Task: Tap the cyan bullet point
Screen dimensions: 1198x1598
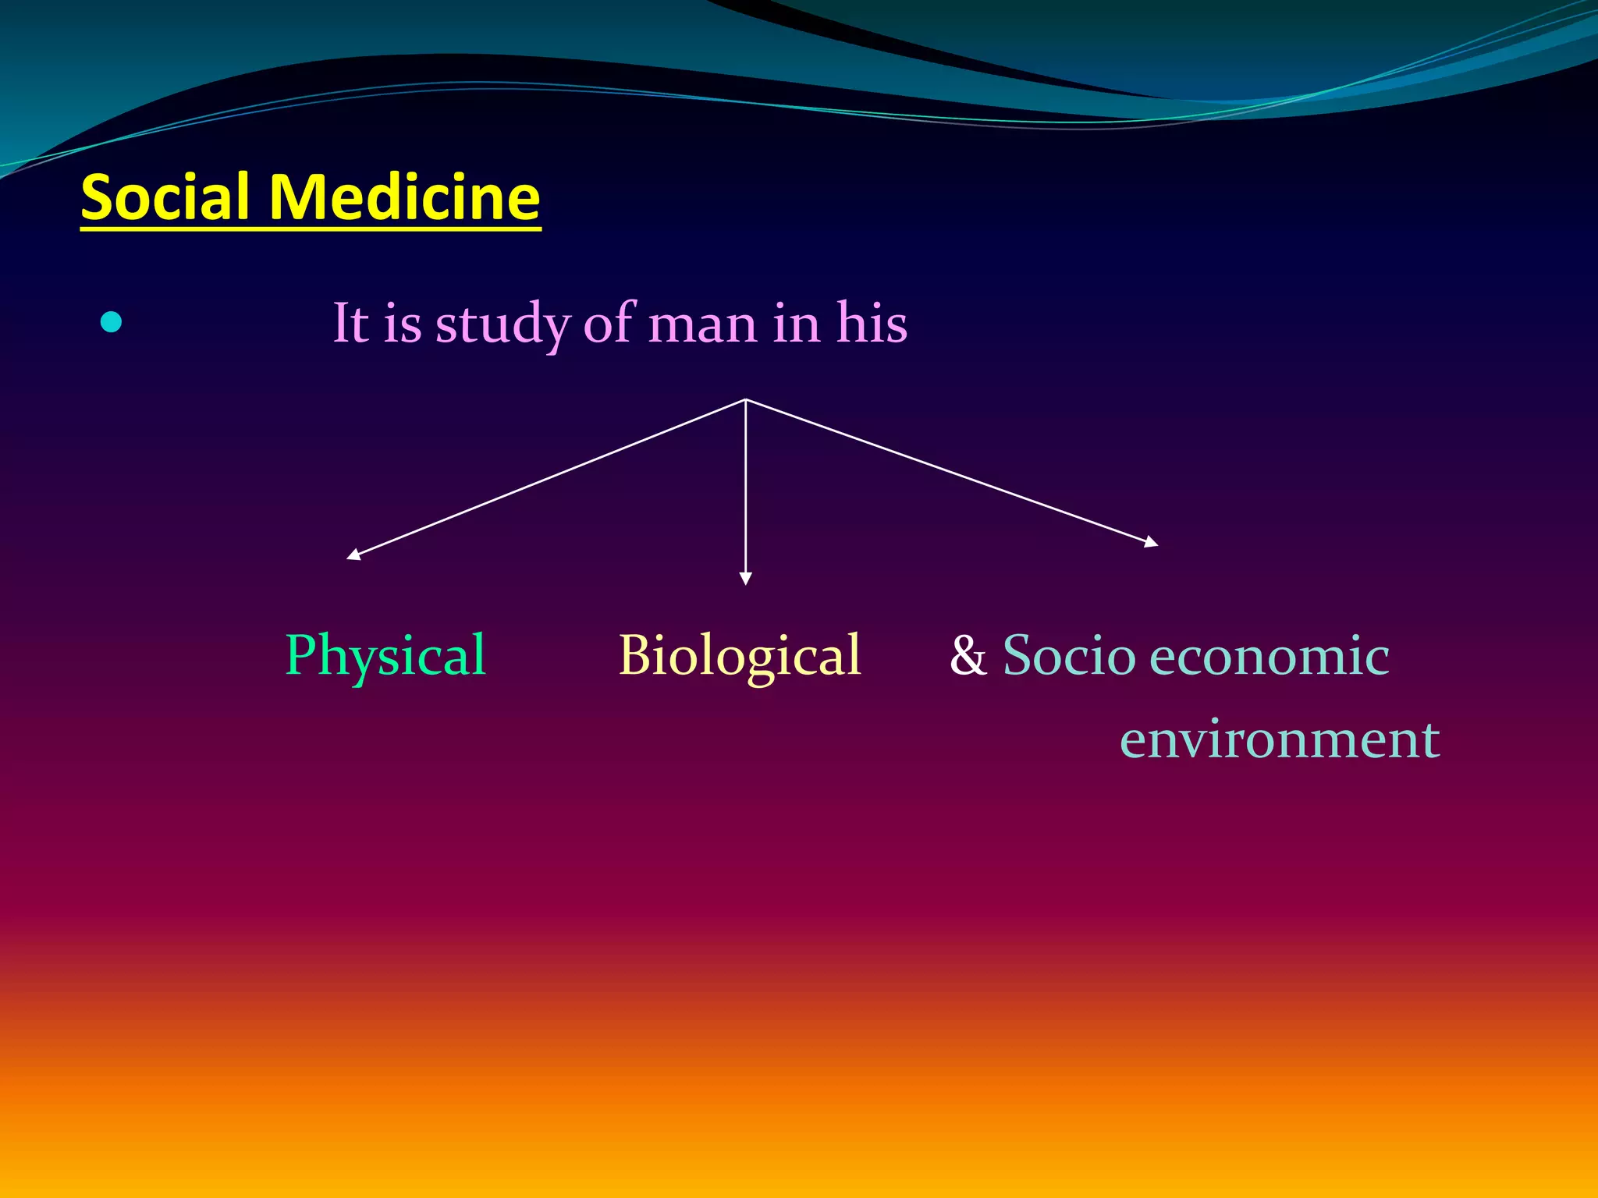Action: (112, 321)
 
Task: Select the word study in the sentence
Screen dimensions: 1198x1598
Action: (502, 324)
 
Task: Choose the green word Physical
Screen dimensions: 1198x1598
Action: (385, 655)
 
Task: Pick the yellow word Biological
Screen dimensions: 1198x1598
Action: (739, 655)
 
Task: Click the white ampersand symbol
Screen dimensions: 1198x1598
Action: (968, 655)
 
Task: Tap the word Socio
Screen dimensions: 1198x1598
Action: (1068, 655)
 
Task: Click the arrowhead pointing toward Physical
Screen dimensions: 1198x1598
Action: (353, 555)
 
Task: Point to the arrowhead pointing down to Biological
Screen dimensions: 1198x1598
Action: (745, 579)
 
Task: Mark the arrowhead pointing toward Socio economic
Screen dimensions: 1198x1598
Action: (1152, 542)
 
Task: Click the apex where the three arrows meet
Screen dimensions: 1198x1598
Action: (745, 399)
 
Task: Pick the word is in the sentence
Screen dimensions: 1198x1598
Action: (402, 324)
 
